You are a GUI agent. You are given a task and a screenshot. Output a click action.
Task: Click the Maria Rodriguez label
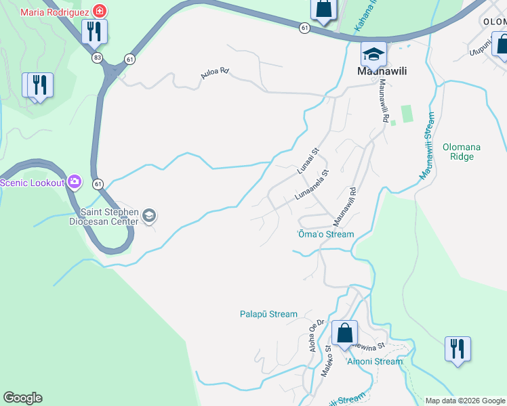pyautogui.click(x=54, y=12)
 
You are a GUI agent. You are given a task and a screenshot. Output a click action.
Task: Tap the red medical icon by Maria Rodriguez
pyautogui.click(x=100, y=12)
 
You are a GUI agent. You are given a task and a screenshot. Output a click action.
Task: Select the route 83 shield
pyautogui.click(x=98, y=58)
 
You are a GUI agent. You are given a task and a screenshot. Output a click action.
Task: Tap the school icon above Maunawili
pyautogui.click(x=373, y=53)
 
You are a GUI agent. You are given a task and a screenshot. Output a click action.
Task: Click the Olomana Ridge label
pyautogui.click(x=458, y=151)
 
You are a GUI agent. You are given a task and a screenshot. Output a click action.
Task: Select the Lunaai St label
pyautogui.click(x=310, y=163)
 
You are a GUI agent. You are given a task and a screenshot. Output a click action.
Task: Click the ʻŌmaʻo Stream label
pyautogui.click(x=326, y=234)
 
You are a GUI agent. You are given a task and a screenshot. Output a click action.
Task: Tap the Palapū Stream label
pyautogui.click(x=268, y=314)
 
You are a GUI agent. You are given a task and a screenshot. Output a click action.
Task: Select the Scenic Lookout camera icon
pyautogui.click(x=74, y=182)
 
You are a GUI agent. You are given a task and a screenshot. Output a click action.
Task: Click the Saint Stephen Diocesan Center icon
pyautogui.click(x=149, y=217)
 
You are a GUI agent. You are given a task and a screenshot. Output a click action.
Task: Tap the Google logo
pyautogui.click(x=22, y=398)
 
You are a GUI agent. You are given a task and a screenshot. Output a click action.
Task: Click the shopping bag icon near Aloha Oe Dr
pyautogui.click(x=344, y=333)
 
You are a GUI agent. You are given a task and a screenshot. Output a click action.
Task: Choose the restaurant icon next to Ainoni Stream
pyautogui.click(x=458, y=349)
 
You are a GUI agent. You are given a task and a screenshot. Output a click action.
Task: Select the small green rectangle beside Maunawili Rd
pyautogui.click(x=407, y=113)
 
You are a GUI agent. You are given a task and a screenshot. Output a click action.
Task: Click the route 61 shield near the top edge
pyautogui.click(x=306, y=28)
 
